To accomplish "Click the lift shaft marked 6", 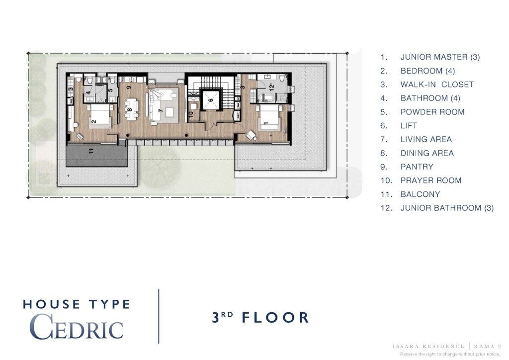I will point(210,100).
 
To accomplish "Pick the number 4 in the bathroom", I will point(88,92).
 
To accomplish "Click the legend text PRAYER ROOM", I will point(431,180).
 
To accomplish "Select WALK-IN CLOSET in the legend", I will point(437,85).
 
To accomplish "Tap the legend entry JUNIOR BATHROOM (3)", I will point(447,208).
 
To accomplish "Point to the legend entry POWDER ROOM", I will point(432,112).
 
